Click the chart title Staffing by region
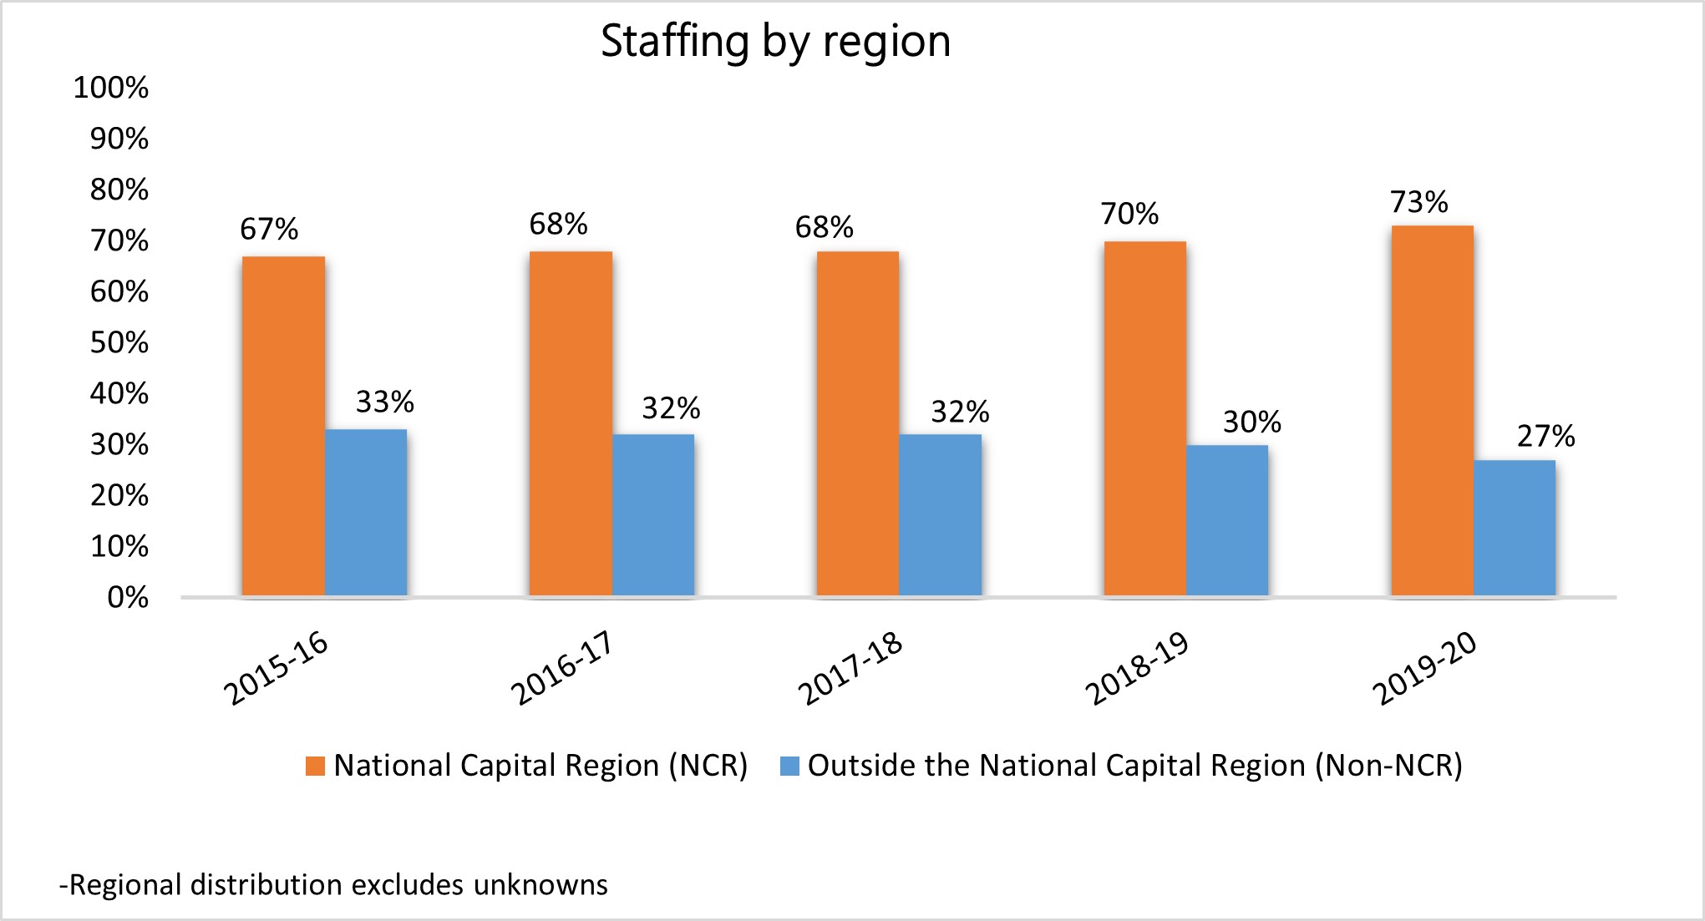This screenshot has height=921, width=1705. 775,42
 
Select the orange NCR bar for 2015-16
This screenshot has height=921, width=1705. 283,426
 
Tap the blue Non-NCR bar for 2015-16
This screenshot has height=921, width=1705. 366,513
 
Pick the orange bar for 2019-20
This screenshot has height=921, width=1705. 1432,411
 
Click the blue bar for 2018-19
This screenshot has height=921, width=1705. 1226,520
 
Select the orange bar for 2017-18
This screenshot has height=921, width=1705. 857,423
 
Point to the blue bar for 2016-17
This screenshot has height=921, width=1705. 653,515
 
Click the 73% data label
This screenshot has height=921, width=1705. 1418,202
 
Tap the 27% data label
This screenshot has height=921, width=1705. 1545,436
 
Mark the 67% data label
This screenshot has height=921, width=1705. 269,230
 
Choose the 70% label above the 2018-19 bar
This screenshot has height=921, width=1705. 1129,215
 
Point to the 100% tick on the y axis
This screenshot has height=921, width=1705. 111,88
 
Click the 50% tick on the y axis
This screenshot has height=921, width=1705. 119,342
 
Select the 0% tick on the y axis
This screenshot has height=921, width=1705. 128,597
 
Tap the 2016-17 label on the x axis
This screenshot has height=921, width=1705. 561,668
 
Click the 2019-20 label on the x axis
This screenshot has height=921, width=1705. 1424,668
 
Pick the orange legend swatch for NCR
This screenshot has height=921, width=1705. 315,766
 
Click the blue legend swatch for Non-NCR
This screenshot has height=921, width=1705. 789,766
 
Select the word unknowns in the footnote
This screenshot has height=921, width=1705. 540,884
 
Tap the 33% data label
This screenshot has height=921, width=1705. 384,402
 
